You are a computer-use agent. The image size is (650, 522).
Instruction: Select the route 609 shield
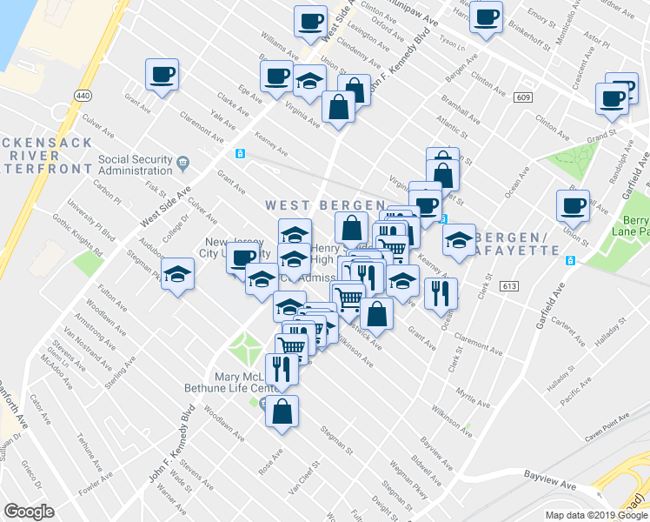point(522,97)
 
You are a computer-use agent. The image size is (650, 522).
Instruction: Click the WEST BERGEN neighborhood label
point(325,204)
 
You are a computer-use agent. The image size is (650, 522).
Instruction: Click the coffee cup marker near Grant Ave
point(162,75)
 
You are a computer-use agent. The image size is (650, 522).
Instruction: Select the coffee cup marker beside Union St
point(573,206)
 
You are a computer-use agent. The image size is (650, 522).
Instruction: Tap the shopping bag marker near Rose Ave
point(282,412)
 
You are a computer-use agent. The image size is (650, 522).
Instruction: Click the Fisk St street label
point(156,188)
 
